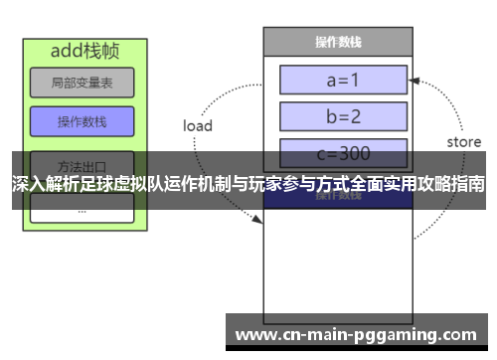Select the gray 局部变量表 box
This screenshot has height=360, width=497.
click(82, 83)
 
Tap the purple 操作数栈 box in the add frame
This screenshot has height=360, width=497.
click(82, 121)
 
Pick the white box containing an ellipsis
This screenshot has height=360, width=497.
click(82, 209)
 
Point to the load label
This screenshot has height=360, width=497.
click(198, 126)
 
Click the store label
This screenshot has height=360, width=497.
click(463, 142)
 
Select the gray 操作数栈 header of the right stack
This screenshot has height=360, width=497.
click(337, 42)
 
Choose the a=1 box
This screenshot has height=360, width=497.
click(344, 79)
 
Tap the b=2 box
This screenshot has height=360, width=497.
click(344, 116)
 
